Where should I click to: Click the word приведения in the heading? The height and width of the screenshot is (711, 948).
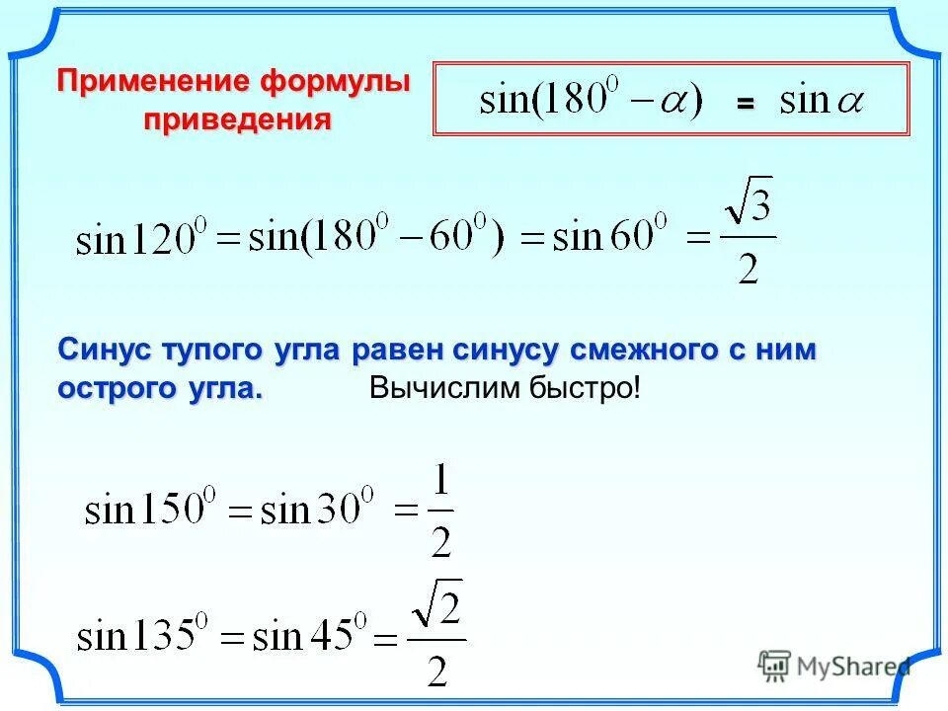tap(237, 120)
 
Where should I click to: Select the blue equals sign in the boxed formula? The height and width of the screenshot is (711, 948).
tap(745, 103)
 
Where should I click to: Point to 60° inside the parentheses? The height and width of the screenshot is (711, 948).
tap(458, 238)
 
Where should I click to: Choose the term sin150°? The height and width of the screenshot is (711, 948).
tap(149, 511)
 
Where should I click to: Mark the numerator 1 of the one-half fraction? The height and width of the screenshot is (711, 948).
tap(441, 483)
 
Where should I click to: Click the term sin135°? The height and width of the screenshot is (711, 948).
tap(143, 635)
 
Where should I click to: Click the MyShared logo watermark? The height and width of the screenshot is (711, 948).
tap(834, 667)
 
